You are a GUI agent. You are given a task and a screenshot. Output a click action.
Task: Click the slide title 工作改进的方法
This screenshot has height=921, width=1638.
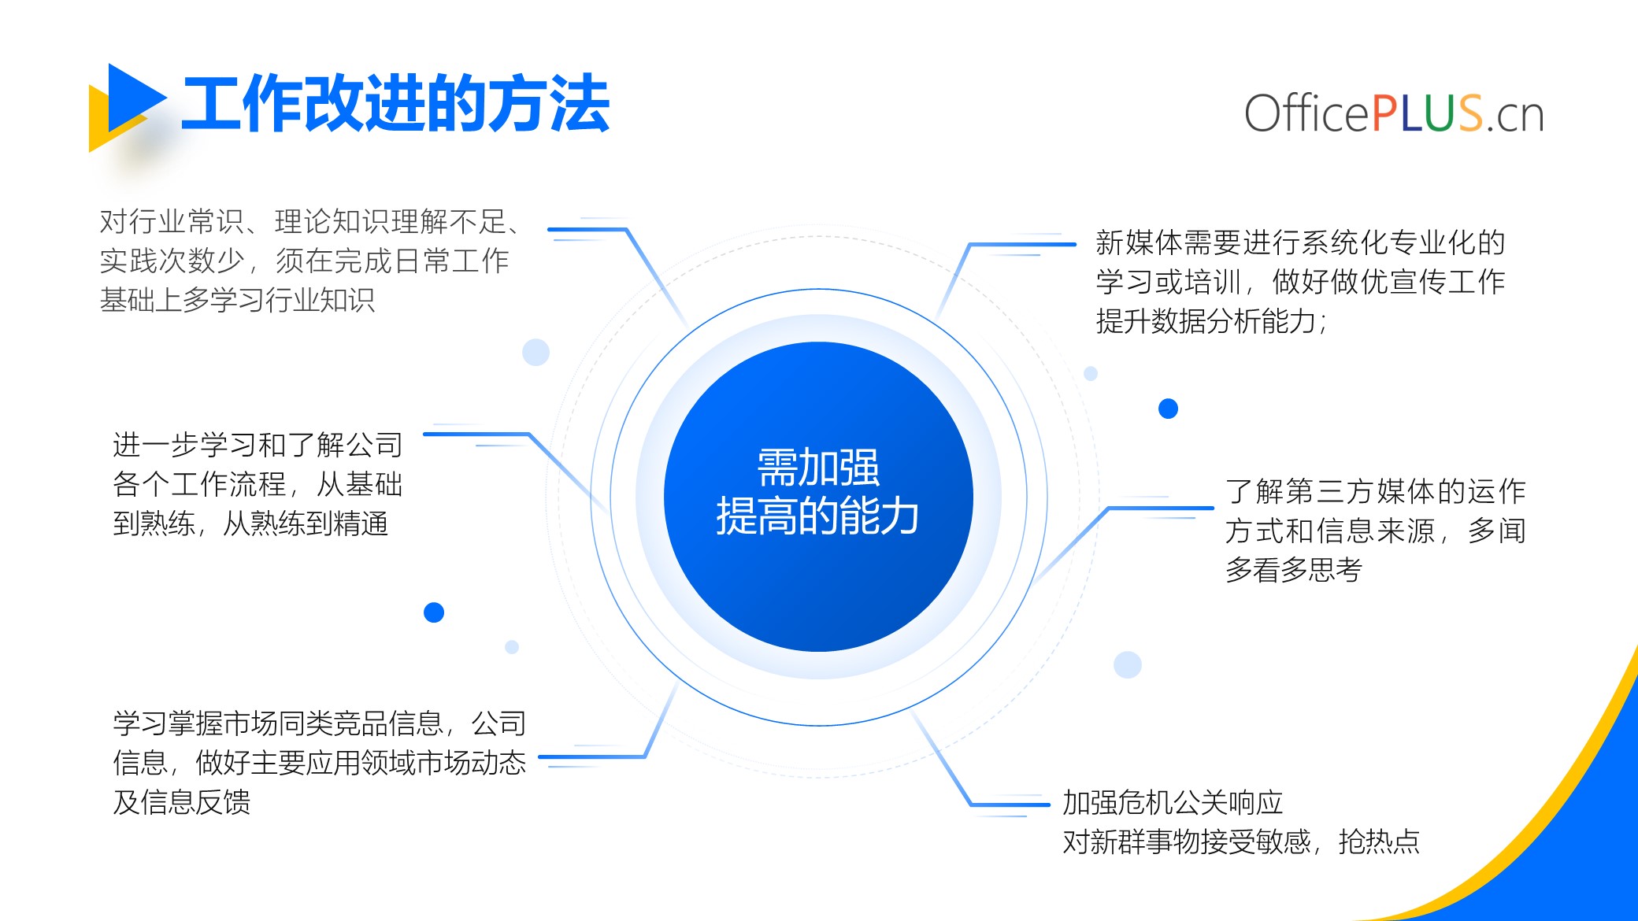tap(395, 104)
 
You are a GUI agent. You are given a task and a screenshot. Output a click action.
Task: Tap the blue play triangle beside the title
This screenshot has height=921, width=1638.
tap(134, 98)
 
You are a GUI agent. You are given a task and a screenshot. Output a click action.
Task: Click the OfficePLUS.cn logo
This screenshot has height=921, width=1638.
tap(1394, 113)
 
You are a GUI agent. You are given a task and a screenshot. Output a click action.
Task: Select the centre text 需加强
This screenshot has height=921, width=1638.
tap(818, 468)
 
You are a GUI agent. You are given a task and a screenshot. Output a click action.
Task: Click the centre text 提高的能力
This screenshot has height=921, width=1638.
tap(818, 516)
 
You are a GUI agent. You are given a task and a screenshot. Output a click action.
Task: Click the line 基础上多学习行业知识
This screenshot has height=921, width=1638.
tap(237, 300)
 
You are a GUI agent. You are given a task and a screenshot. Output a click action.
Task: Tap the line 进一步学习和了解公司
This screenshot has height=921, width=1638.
tap(258, 445)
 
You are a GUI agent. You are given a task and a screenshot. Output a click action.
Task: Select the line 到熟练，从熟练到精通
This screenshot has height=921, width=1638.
tap(250, 523)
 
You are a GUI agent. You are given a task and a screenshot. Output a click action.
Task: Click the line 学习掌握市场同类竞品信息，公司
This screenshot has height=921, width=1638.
tap(319, 723)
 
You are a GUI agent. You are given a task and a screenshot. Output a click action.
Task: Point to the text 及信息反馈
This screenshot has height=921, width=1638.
tap(181, 802)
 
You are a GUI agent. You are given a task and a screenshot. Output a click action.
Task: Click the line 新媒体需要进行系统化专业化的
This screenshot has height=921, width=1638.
tap(1300, 242)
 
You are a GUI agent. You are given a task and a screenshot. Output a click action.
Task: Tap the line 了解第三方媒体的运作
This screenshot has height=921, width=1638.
tap(1376, 491)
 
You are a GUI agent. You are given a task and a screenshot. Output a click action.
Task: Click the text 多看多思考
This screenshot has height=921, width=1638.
tap(1294, 570)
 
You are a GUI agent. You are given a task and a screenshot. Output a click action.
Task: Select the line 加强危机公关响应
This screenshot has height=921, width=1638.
tap(1173, 802)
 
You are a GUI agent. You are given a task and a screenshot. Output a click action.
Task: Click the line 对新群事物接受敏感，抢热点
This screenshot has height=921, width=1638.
tap(1241, 841)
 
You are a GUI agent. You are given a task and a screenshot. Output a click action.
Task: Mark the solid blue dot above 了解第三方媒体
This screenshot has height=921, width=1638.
tap(1168, 409)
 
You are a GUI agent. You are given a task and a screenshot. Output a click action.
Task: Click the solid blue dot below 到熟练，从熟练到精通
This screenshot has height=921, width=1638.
tap(434, 612)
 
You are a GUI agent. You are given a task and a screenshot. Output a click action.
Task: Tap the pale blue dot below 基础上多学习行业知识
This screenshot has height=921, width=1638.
tap(535, 352)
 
